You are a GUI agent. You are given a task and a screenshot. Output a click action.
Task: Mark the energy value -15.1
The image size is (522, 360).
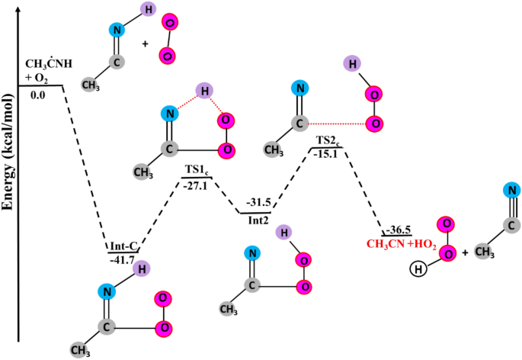coord(328,154)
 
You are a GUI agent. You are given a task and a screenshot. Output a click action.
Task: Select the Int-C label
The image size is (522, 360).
coord(124,246)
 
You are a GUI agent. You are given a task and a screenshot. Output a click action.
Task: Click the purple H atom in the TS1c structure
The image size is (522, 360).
coord(203,91)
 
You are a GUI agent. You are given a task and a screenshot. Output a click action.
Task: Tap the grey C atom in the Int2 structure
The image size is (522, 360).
coord(252,288)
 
